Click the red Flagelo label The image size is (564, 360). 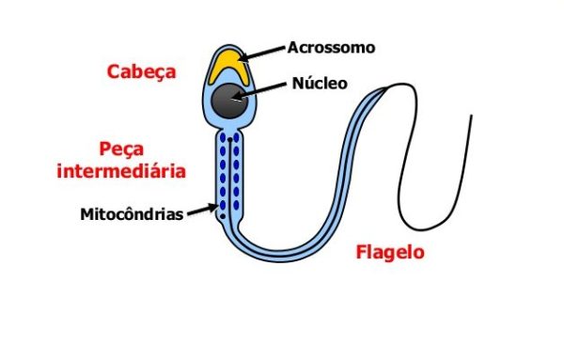tap(390, 252)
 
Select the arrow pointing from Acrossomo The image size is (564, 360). tap(264, 52)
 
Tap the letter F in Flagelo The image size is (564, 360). tap(361, 252)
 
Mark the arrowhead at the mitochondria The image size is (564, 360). tap(216, 211)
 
